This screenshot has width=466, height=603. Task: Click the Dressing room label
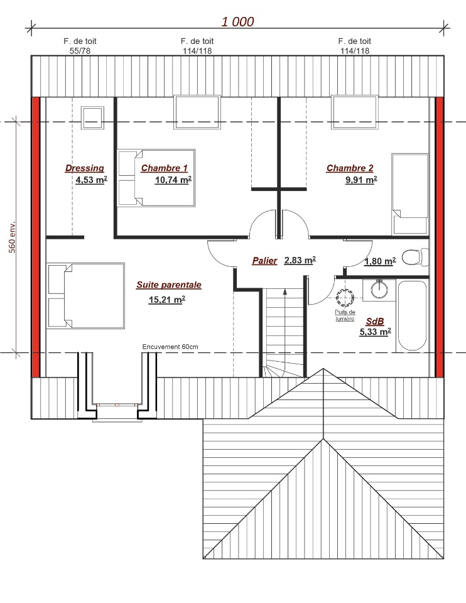(85, 168)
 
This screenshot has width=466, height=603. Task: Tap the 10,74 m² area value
(173, 180)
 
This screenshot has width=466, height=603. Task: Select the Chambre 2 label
(349, 168)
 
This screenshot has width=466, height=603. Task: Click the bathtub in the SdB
(412, 316)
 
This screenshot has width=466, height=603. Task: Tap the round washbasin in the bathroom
(379, 289)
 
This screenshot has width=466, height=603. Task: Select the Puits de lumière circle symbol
(345, 297)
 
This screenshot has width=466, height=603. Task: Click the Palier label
(264, 261)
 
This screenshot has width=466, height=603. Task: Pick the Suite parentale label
(169, 285)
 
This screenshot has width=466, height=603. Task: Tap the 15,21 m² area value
(167, 299)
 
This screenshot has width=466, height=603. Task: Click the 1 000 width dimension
(237, 21)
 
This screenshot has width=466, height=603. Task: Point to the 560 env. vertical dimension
(13, 237)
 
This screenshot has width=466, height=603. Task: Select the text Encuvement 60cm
(170, 347)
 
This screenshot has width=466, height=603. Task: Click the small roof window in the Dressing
(92, 117)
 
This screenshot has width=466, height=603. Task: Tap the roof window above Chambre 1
(197, 112)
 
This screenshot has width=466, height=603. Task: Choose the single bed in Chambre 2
(410, 194)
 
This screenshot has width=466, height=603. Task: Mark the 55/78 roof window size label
(80, 51)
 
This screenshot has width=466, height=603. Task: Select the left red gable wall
(35, 237)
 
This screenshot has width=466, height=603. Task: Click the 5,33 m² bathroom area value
(376, 332)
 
